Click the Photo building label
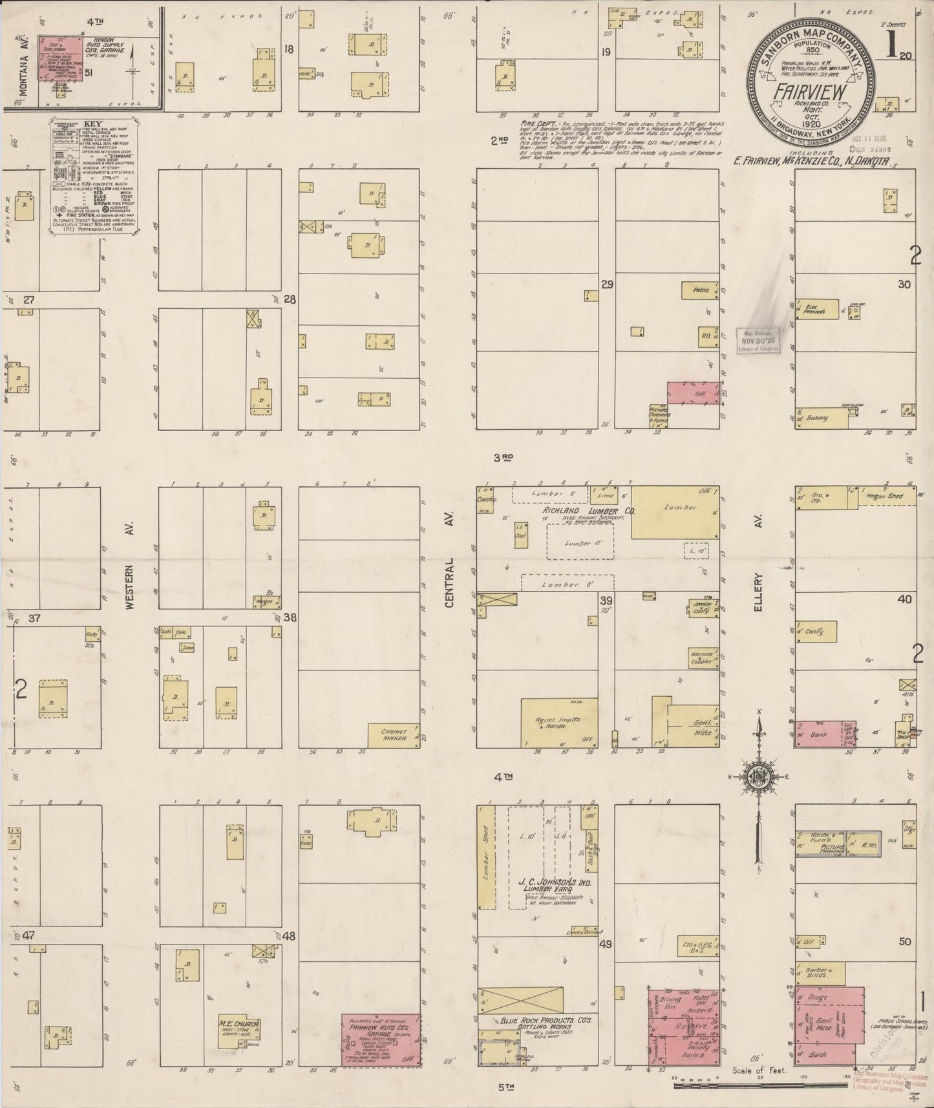point(701,290)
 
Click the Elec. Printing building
point(816,309)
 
